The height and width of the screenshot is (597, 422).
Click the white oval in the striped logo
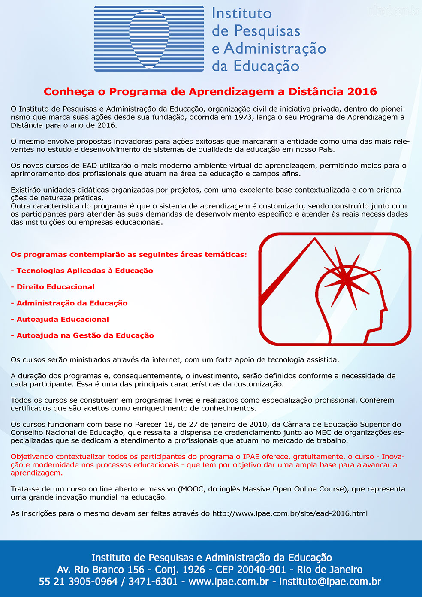coord(149,39)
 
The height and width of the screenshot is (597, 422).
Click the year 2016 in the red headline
coord(362,92)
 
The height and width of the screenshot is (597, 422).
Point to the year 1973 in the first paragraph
coord(243,117)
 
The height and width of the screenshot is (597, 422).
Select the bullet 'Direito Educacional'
coord(55,287)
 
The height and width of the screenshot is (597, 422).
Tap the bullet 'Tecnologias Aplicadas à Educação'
coord(84,271)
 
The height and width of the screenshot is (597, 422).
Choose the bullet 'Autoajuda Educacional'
coord(63,319)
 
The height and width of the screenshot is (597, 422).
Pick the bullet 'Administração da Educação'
coord(72,303)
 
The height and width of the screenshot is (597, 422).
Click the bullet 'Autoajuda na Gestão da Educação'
coord(85,335)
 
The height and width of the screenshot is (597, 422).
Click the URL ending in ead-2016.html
coord(290,513)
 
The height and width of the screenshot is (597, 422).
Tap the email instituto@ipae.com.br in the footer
coord(330,582)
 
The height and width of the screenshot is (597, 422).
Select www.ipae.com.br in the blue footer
coord(229,582)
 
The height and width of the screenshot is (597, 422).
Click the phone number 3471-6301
coord(153,582)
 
